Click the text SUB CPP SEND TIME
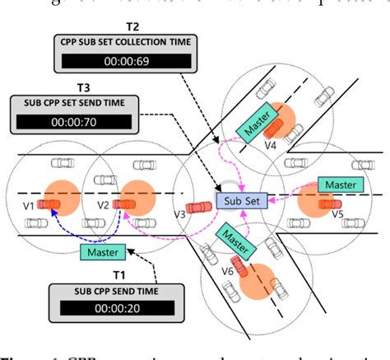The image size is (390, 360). [114, 291]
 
